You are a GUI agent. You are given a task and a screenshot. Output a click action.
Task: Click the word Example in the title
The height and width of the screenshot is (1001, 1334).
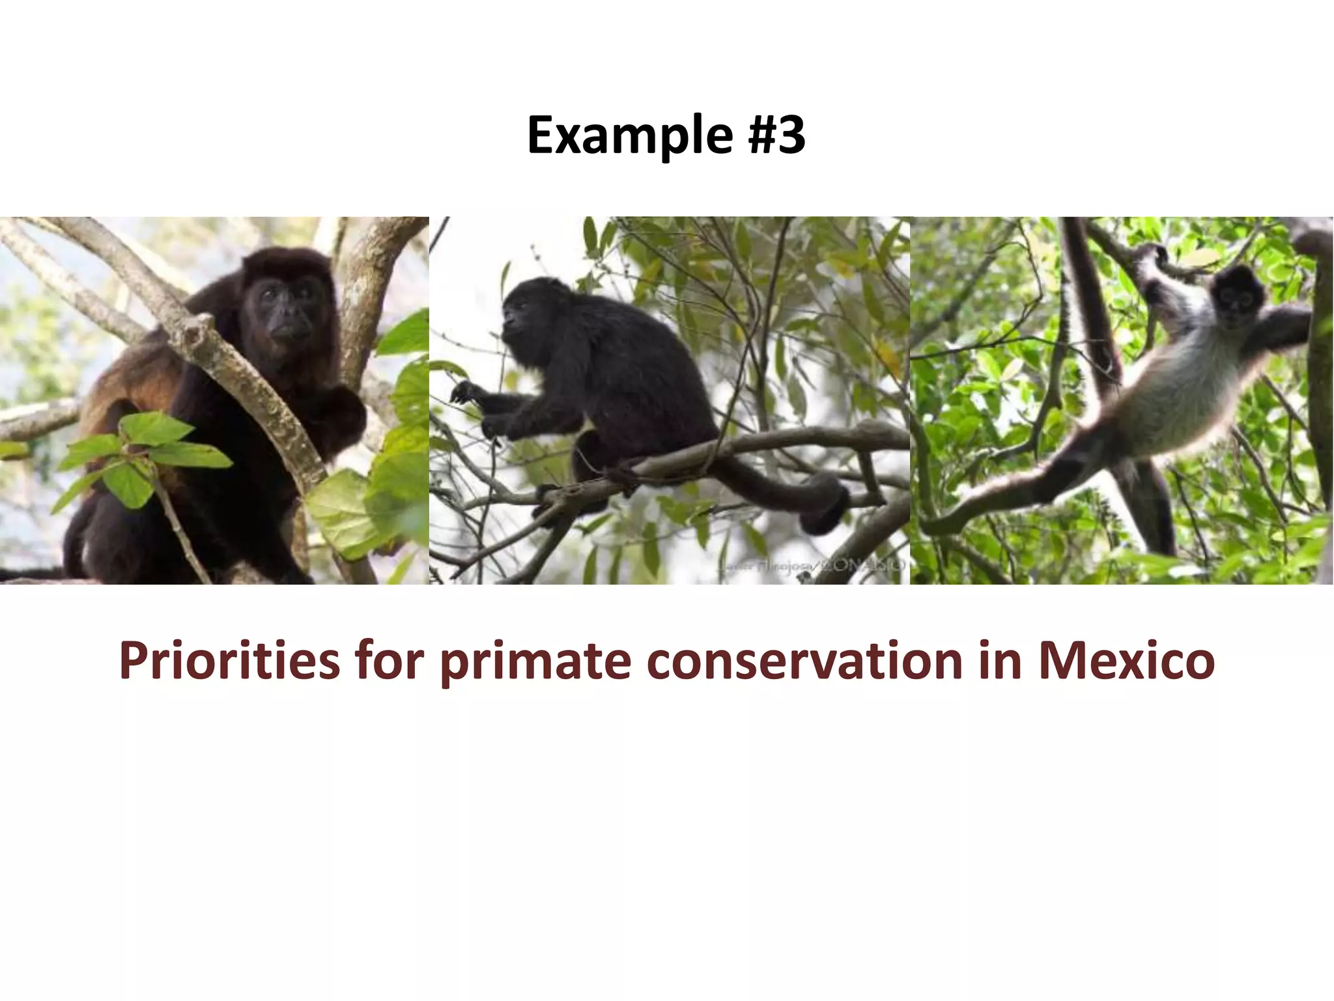tap(629, 136)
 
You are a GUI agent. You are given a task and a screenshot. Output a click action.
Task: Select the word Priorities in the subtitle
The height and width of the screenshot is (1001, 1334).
tap(229, 661)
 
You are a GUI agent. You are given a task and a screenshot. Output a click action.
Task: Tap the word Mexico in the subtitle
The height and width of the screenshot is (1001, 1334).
tap(1126, 661)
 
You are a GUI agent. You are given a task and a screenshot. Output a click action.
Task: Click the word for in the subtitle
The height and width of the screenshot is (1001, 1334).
tap(390, 661)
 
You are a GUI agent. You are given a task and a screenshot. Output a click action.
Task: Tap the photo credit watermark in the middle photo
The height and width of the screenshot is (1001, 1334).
tap(811, 565)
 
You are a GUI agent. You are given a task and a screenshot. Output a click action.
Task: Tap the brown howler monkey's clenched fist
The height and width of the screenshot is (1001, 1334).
tap(342, 417)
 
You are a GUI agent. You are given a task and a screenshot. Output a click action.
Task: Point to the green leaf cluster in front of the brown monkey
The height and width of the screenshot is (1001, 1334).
tap(140, 450)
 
